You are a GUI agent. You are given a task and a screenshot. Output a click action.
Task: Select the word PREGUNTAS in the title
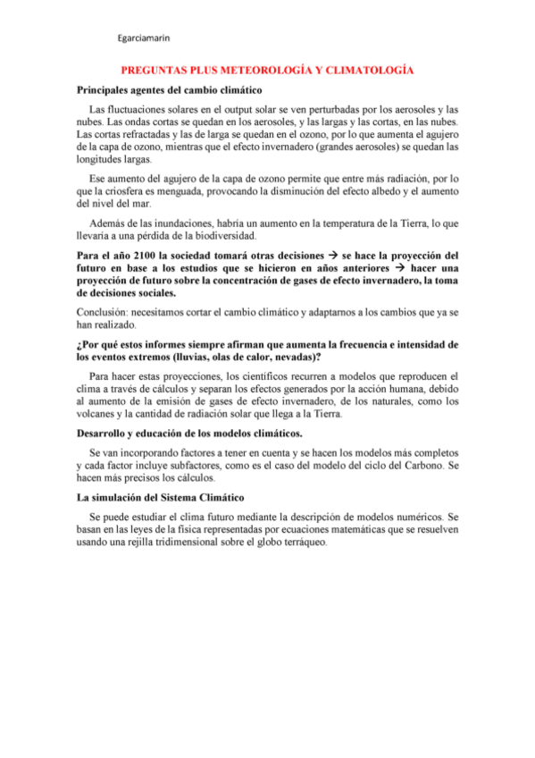[x=157, y=70]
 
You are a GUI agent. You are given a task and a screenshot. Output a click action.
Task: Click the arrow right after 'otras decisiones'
[x=330, y=255]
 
